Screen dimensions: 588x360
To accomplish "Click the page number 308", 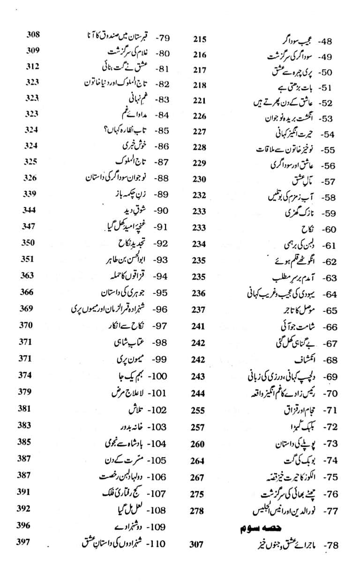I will [32, 35].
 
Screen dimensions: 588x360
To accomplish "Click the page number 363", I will [28, 275].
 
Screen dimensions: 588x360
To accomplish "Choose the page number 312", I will [31, 66].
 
